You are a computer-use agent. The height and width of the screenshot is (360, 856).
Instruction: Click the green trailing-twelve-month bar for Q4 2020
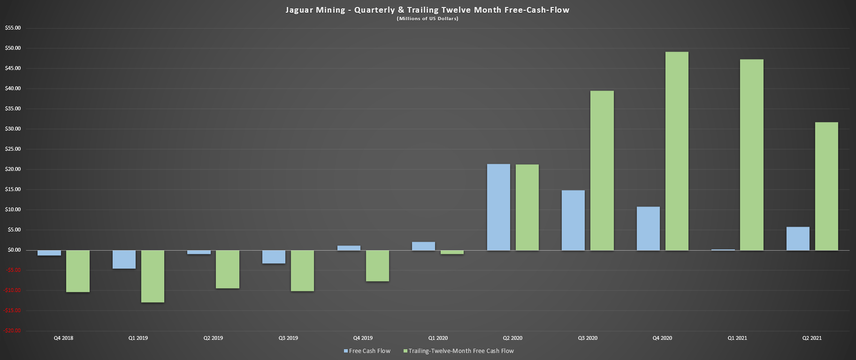point(677,151)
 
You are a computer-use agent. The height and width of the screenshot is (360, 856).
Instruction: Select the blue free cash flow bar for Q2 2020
point(498,207)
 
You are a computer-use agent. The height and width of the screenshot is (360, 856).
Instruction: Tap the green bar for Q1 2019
point(153,276)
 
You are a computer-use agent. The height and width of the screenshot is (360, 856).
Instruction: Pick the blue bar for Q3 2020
point(573,220)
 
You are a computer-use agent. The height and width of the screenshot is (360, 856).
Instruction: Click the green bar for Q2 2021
point(826,186)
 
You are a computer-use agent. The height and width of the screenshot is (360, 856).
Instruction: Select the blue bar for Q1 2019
point(124,259)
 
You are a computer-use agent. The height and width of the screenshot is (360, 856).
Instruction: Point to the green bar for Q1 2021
point(752,155)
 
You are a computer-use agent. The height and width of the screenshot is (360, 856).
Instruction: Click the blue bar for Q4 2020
point(648,228)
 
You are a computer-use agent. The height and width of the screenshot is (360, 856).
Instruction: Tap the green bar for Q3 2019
point(302,270)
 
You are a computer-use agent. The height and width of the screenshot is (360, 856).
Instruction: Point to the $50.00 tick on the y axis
point(13,48)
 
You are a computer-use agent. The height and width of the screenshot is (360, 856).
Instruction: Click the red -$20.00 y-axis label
point(13,330)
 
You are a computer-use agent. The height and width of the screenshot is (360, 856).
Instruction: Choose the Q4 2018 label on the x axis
point(63,338)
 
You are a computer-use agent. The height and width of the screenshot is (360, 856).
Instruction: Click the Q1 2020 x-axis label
point(438,338)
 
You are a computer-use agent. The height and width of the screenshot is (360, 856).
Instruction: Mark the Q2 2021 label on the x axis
point(812,338)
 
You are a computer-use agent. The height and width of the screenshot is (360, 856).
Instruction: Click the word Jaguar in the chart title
point(298,10)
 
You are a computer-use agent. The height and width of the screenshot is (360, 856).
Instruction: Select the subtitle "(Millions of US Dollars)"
point(428,19)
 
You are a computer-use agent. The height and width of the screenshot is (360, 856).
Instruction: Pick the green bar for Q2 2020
point(527,207)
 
